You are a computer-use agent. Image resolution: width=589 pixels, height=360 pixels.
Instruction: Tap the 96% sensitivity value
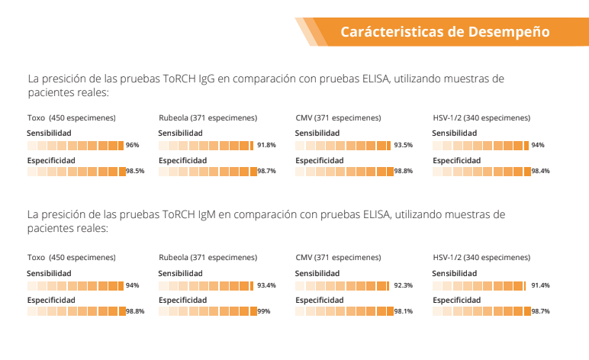click(132, 145)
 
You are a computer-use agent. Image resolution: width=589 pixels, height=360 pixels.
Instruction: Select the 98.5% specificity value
click(135, 172)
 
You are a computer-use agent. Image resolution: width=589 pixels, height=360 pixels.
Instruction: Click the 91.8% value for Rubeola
click(266, 145)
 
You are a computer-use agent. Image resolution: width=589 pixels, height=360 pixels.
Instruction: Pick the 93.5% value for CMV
click(403, 145)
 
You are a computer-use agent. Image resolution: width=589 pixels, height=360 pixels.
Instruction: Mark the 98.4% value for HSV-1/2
click(540, 172)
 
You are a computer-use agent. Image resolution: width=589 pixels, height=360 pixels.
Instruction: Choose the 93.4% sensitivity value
click(266, 285)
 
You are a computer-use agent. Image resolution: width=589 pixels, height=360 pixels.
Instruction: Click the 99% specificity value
click(264, 311)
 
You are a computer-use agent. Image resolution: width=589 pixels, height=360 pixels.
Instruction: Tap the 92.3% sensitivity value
click(403, 285)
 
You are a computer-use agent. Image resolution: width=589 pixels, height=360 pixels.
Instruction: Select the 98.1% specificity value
click(403, 311)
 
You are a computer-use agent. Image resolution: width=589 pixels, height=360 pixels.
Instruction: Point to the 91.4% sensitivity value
click(540, 285)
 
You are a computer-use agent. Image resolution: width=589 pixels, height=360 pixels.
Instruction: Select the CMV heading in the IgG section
click(303, 118)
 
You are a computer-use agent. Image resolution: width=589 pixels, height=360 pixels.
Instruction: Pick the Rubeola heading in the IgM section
click(174, 258)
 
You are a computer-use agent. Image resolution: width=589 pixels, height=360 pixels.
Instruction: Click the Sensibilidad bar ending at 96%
click(76, 145)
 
